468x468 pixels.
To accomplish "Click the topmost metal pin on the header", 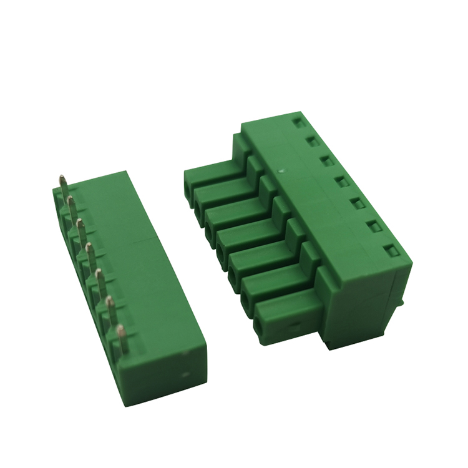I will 64,183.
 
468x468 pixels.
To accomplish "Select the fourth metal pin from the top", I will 90,255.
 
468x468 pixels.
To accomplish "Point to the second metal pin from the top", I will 72,206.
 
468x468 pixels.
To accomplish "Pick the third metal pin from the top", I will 81,230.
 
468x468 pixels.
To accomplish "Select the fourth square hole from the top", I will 341,182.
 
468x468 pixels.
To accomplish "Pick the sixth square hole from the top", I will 376,227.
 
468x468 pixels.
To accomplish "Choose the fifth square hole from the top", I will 357,203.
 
